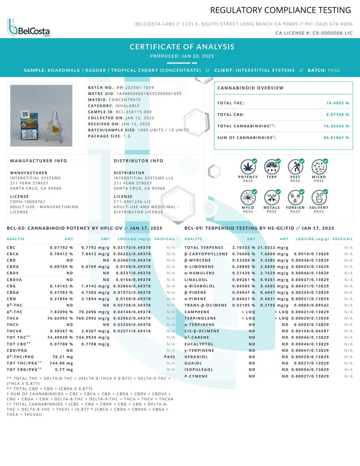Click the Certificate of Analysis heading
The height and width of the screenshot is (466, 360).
tap(182, 47)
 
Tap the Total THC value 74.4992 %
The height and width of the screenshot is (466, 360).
tap(337, 103)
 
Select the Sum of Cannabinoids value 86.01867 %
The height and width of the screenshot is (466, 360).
tap(336, 137)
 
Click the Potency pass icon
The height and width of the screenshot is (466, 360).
tap(248, 167)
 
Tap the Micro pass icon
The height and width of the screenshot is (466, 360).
tap(319, 167)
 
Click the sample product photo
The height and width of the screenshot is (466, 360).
tap(41, 116)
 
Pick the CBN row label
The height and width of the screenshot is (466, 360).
tap(11, 299)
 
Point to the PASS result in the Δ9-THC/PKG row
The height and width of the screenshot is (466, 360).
tap(169, 357)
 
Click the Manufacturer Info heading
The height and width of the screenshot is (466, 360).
tap(38, 161)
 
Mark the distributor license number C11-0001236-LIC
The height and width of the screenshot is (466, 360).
tap(132, 202)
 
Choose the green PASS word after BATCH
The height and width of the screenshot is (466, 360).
tap(334, 71)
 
